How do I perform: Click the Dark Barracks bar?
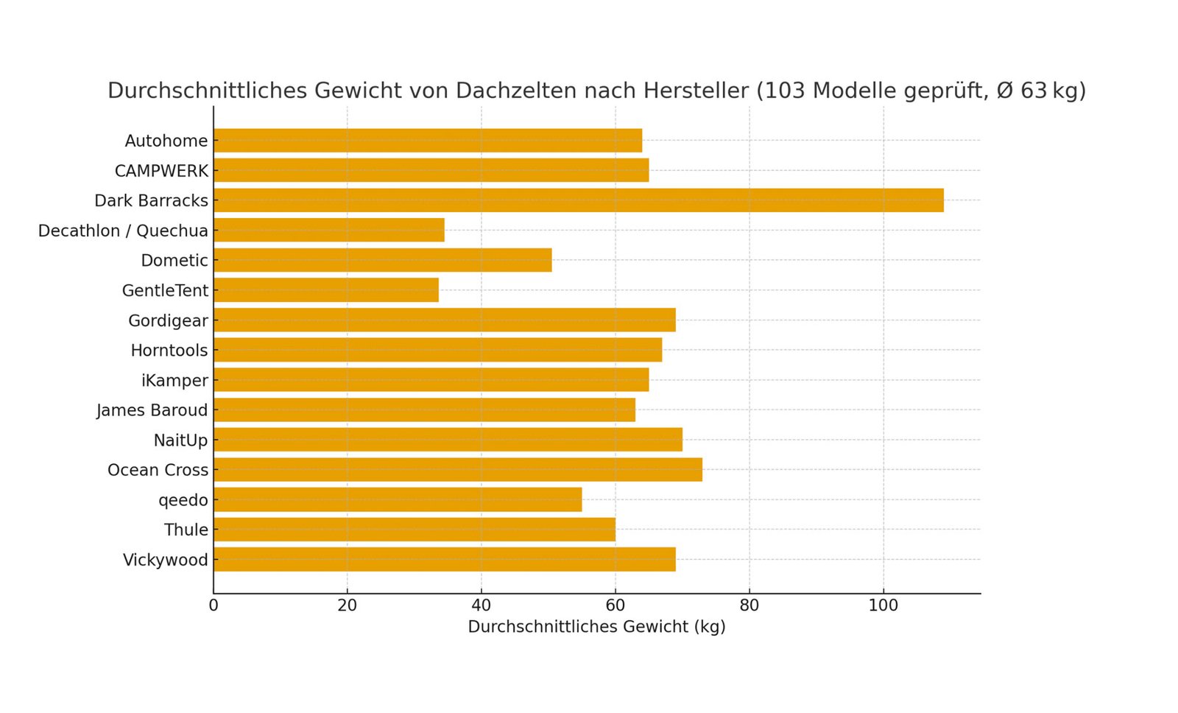[578, 200]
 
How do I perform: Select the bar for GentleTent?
[326, 290]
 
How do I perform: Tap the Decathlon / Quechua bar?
[329, 231]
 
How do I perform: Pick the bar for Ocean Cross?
[457, 470]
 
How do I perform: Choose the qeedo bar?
[398, 500]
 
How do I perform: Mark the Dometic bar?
[383, 260]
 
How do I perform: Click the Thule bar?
[415, 530]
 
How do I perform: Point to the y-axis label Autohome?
[166, 141]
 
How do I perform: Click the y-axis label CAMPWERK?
[161, 171]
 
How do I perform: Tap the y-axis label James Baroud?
[152, 410]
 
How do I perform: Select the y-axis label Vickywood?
[166, 560]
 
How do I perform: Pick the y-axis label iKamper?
[174, 381]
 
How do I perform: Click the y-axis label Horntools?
[169, 351]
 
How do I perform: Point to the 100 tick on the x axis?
[883, 605]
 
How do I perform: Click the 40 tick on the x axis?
[481, 605]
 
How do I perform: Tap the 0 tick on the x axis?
[214, 605]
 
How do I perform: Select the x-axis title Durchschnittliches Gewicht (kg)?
[596, 627]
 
